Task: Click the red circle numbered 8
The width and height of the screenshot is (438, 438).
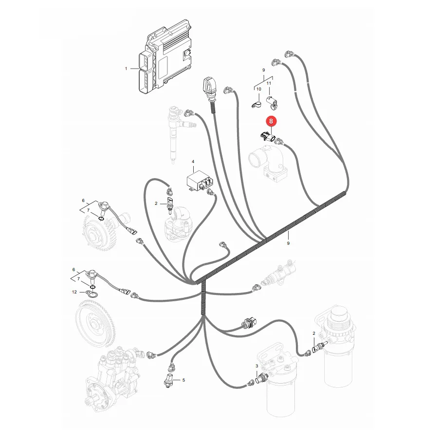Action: pyautogui.click(x=271, y=122)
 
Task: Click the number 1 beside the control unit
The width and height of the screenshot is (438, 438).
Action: pyautogui.click(x=126, y=69)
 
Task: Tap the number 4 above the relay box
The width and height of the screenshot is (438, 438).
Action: pyautogui.click(x=193, y=162)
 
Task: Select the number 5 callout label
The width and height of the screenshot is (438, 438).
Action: pyautogui.click(x=183, y=380)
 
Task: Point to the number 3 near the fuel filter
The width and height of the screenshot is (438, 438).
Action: pyautogui.click(x=256, y=366)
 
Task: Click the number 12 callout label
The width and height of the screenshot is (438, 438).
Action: pyautogui.click(x=74, y=292)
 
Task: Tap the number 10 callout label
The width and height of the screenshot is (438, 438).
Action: pyautogui.click(x=259, y=89)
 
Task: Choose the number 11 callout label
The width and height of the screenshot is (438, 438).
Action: pyautogui.click(x=269, y=83)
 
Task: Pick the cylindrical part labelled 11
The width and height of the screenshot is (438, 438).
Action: pyautogui.click(x=272, y=102)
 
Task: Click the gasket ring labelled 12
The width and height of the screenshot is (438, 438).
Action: pyautogui.click(x=92, y=294)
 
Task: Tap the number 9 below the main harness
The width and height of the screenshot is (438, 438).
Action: pyautogui.click(x=288, y=243)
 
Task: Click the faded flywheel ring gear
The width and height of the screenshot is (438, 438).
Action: pyautogui.click(x=95, y=324)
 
